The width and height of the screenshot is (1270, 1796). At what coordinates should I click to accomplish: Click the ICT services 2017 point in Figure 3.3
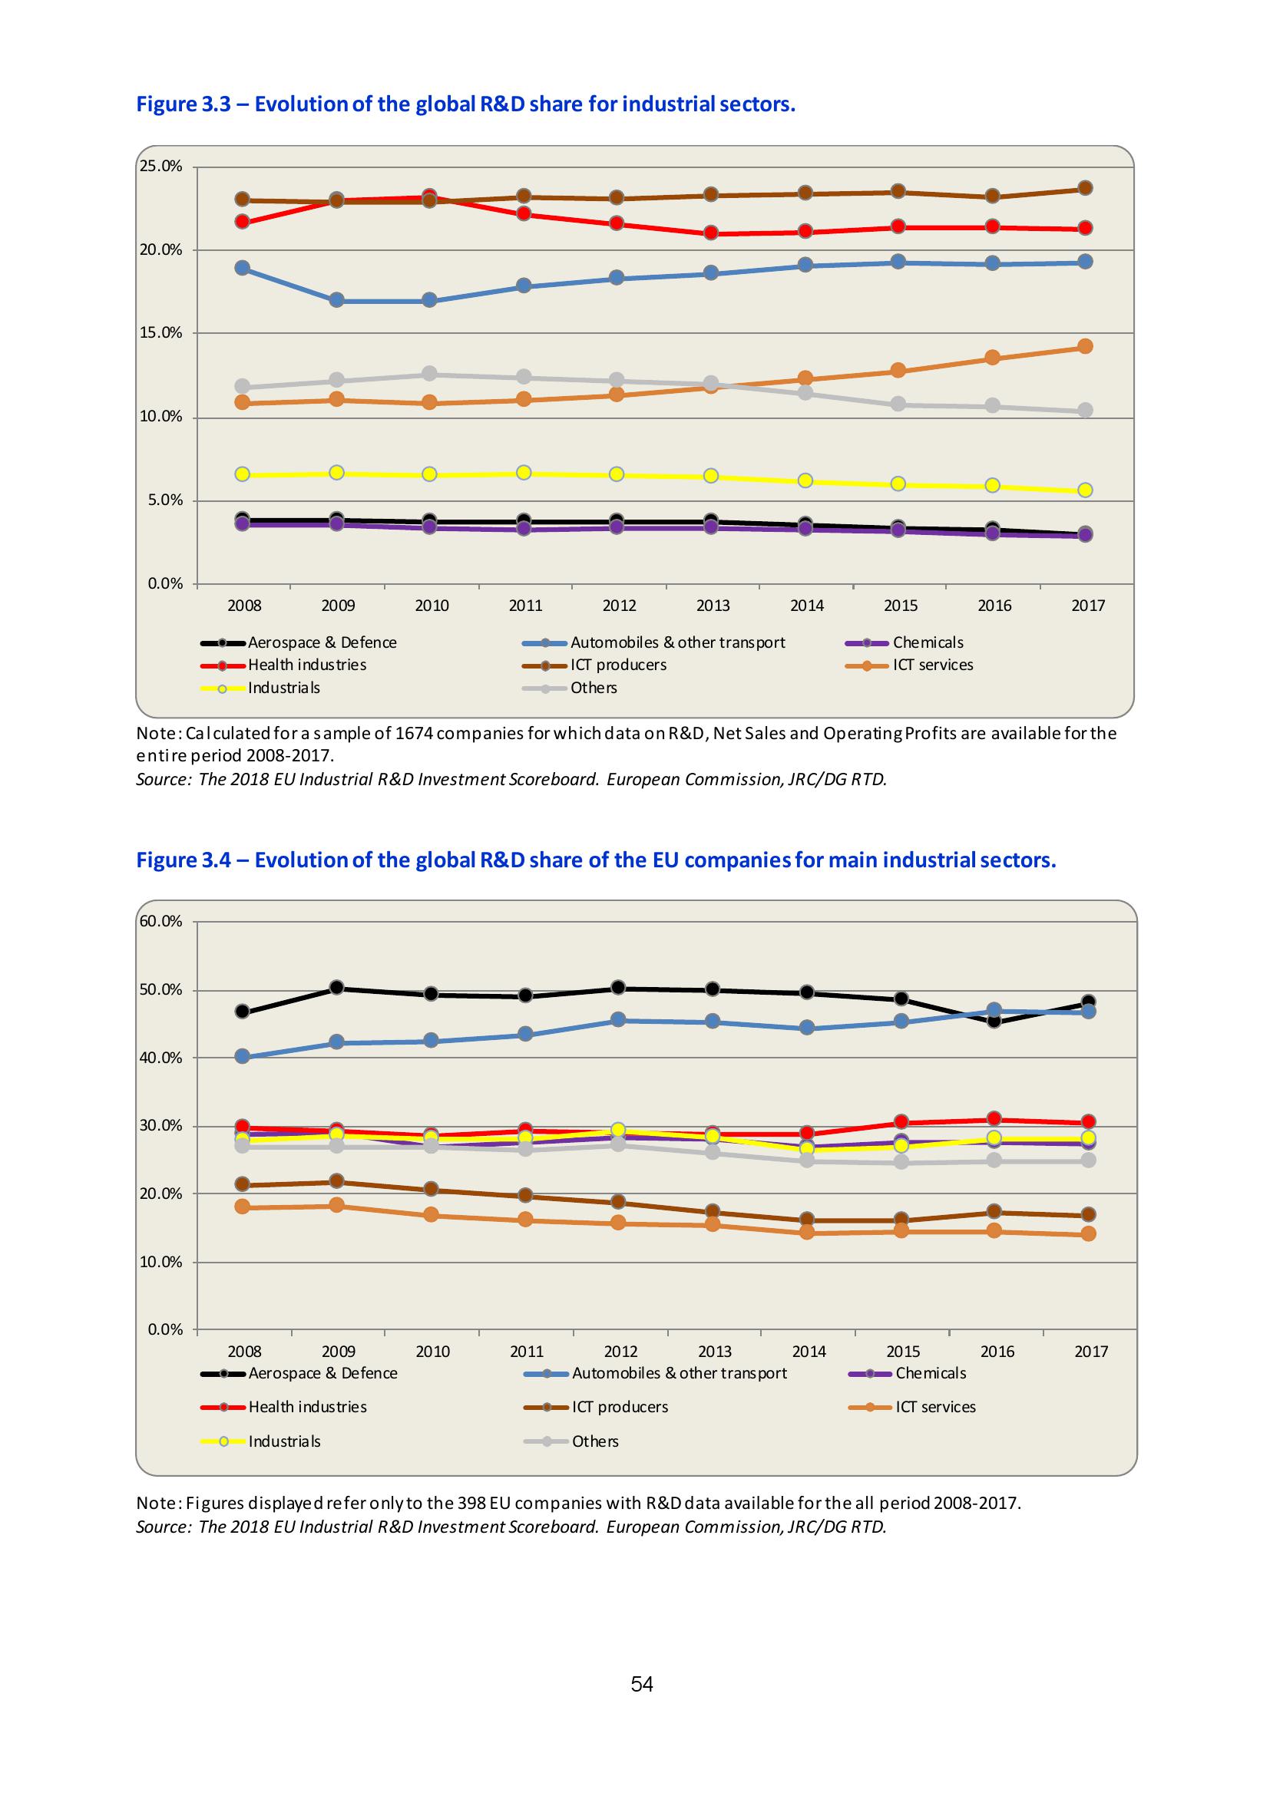click(x=1084, y=346)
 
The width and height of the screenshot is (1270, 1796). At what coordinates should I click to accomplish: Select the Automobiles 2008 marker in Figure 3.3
click(x=243, y=268)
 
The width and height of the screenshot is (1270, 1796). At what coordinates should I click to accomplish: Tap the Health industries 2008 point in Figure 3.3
click(x=243, y=221)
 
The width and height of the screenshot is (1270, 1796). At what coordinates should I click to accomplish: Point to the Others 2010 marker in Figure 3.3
click(x=429, y=374)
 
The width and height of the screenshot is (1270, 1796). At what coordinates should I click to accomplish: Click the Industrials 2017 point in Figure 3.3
click(x=1084, y=490)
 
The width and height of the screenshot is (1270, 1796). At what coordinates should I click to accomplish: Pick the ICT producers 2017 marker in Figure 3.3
click(x=1084, y=188)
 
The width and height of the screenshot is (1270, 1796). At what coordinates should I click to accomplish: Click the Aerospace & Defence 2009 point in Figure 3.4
click(x=336, y=987)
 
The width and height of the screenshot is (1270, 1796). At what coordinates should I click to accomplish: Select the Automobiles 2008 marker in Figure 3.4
click(x=243, y=1056)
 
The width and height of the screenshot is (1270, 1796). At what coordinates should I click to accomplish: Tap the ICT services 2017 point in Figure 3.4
click(x=1088, y=1233)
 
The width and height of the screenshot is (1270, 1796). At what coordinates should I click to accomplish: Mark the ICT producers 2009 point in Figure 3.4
click(x=336, y=1180)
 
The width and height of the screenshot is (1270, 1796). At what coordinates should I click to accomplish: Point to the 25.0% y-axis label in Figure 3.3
click(x=160, y=166)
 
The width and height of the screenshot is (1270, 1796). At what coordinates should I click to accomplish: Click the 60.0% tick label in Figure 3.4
click(x=160, y=921)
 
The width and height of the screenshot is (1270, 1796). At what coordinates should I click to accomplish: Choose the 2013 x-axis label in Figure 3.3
click(x=713, y=606)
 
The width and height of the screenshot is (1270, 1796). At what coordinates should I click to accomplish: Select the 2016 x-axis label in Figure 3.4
click(x=997, y=1351)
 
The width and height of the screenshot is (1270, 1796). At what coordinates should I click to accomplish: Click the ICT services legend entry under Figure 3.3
click(x=933, y=665)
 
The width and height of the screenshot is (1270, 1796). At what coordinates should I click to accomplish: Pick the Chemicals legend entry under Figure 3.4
click(x=931, y=1373)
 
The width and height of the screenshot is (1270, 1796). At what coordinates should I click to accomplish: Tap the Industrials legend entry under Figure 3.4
click(x=284, y=1441)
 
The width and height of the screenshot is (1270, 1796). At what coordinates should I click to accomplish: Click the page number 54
click(x=642, y=1684)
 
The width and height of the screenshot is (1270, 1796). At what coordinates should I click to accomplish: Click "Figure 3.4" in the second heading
click(x=184, y=860)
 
